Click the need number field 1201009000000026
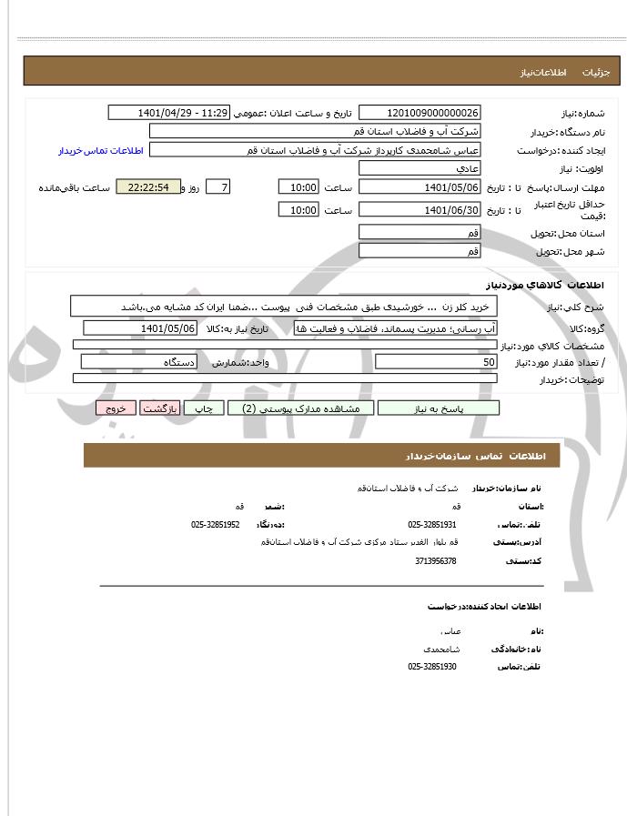[x=420, y=113]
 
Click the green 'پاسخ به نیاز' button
[x=439, y=408]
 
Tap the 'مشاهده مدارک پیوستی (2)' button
[x=301, y=408]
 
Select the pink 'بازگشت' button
[x=161, y=408]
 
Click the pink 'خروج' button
[x=116, y=408]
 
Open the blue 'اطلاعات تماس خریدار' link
[x=95, y=150]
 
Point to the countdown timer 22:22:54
[x=148, y=187]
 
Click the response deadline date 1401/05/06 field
[x=420, y=187]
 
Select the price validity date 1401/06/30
[x=420, y=210]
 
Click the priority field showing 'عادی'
[x=420, y=169]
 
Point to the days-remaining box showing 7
[x=218, y=187]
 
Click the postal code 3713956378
[x=435, y=560]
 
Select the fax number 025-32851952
[x=216, y=525]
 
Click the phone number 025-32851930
[x=432, y=667]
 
